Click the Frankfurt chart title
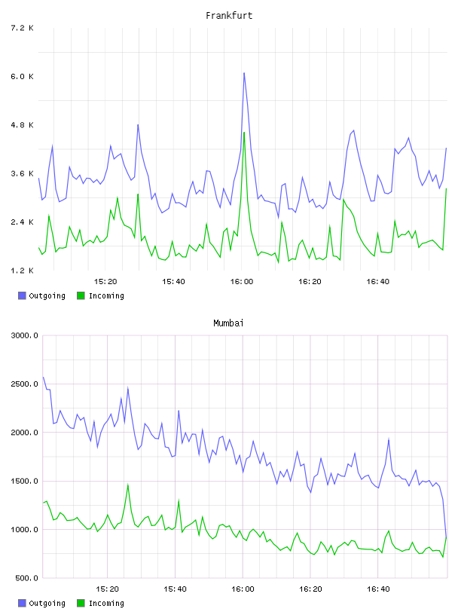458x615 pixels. pos(229,16)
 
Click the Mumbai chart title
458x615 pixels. pos(228,323)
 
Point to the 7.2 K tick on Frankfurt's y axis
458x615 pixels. pos(22,28)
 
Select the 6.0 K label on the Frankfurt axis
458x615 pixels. pos(22,76)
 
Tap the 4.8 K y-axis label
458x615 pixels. pos(22,125)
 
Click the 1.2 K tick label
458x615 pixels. pos(22,271)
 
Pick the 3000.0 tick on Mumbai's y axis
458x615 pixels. pos(24,335)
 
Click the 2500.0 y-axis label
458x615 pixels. pos(24,384)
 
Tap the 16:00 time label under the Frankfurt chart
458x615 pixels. pos(242,282)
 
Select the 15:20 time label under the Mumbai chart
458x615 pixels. pos(107,589)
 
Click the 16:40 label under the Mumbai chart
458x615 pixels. pos(378,589)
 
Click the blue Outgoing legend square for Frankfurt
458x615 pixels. pos(22,295)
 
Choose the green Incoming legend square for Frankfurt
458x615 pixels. pos(81,295)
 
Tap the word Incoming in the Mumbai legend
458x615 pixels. pos(106,603)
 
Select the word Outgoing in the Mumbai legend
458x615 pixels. pos(47,603)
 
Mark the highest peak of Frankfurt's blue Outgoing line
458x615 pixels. pos(244,73)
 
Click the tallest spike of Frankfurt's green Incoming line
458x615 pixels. pos(244,133)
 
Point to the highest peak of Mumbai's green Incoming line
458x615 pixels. pos(128,485)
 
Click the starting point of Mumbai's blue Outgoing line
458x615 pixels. pos(43,378)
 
